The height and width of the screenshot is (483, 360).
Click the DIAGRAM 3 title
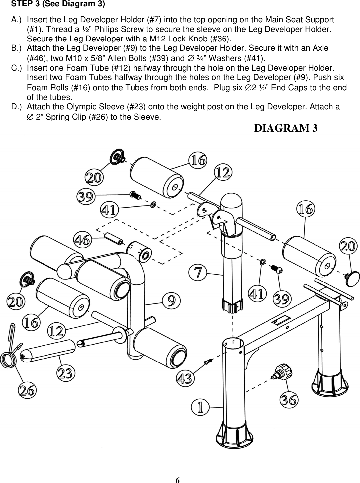[x=286, y=128]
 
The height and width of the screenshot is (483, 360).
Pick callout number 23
[x=66, y=373]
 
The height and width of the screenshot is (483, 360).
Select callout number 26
[x=27, y=390]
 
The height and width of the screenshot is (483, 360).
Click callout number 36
[x=289, y=400]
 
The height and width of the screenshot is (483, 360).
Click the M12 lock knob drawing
[x=280, y=371]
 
